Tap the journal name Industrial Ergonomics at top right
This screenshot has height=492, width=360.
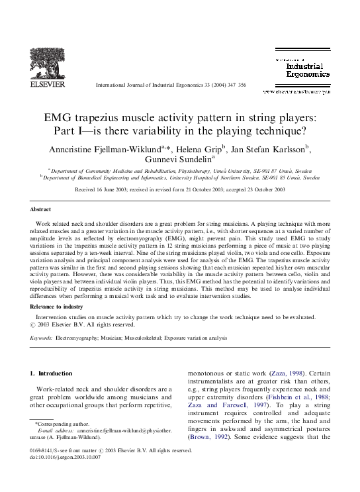[308, 70]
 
